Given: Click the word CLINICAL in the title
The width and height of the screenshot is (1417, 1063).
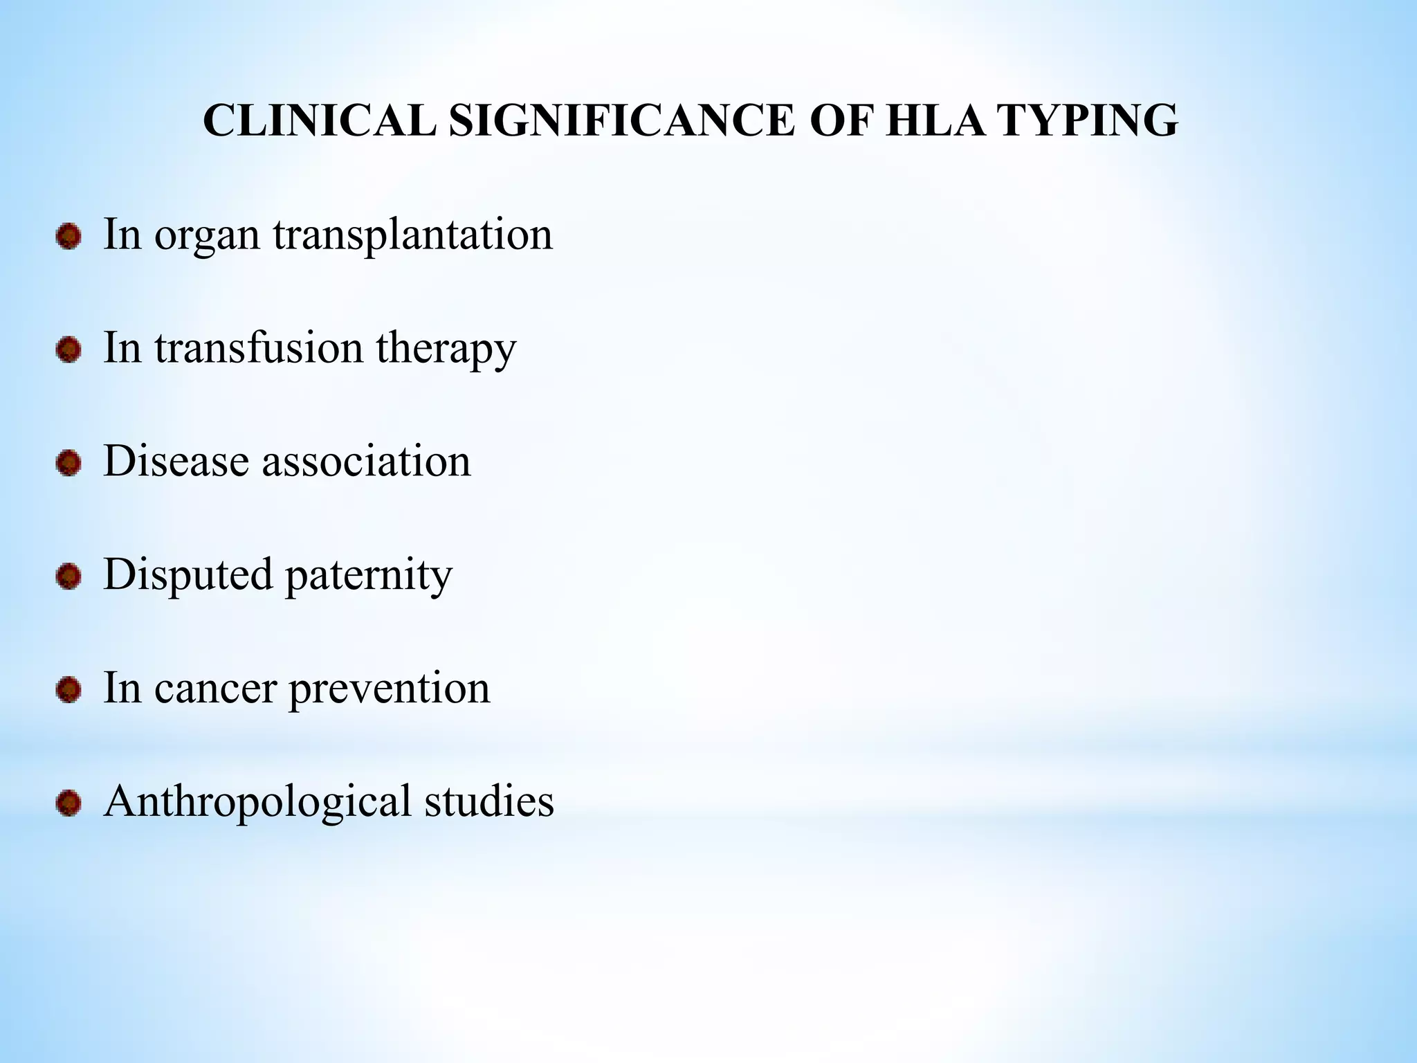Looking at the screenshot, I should pyautogui.click(x=319, y=121).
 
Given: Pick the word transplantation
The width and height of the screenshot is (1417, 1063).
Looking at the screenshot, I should pyautogui.click(x=412, y=235).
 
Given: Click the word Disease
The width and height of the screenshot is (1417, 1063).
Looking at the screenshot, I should pyautogui.click(x=176, y=461).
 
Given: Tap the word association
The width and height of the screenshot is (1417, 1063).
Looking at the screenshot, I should pyautogui.click(x=366, y=461).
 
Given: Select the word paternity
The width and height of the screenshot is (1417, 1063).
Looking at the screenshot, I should pyautogui.click(x=369, y=576).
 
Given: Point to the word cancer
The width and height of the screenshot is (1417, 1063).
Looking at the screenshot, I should pyautogui.click(x=215, y=689).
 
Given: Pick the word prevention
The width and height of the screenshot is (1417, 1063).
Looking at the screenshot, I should pyautogui.click(x=389, y=689).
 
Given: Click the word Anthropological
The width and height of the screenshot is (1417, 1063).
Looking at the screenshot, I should pyautogui.click(x=257, y=803).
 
